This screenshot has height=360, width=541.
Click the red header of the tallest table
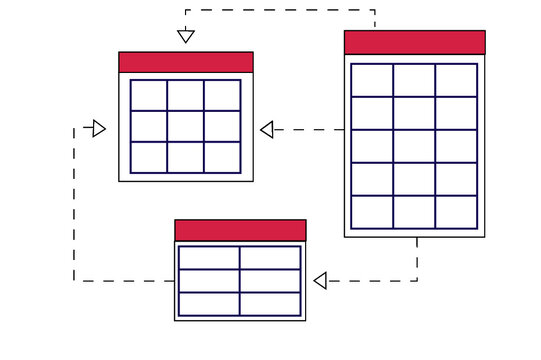pyautogui.click(x=414, y=42)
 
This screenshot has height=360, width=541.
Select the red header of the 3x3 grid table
pyautogui.click(x=185, y=62)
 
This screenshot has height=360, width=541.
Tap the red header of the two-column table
pyautogui.click(x=240, y=230)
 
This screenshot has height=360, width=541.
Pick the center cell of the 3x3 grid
pyautogui.click(x=185, y=126)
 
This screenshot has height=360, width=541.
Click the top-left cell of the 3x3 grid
pyautogui.click(x=148, y=95)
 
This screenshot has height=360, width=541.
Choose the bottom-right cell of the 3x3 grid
pyautogui.click(x=222, y=157)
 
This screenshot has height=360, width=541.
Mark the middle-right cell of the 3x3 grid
pyautogui.click(x=222, y=126)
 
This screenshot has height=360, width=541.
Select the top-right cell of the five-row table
pyautogui.click(x=456, y=80)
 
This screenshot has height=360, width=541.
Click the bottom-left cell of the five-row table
pyautogui.click(x=372, y=212)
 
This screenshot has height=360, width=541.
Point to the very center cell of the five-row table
pyautogui.click(x=414, y=146)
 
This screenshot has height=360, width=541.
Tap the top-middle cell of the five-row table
pyautogui.click(x=414, y=80)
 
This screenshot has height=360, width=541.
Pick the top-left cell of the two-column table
pyautogui.click(x=209, y=257)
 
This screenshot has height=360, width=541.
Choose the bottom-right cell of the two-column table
pyautogui.click(x=270, y=304)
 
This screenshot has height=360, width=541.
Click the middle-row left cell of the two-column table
pyautogui.click(x=209, y=281)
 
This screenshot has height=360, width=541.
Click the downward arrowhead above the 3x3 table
pyautogui.click(x=185, y=37)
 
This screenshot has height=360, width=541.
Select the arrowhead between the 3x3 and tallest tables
pyautogui.click(x=267, y=129)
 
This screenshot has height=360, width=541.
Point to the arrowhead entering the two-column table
pyautogui.click(x=320, y=281)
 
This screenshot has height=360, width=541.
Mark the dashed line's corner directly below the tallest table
pyautogui.click(x=417, y=281)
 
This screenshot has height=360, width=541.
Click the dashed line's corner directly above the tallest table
pyautogui.click(x=374, y=10)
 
